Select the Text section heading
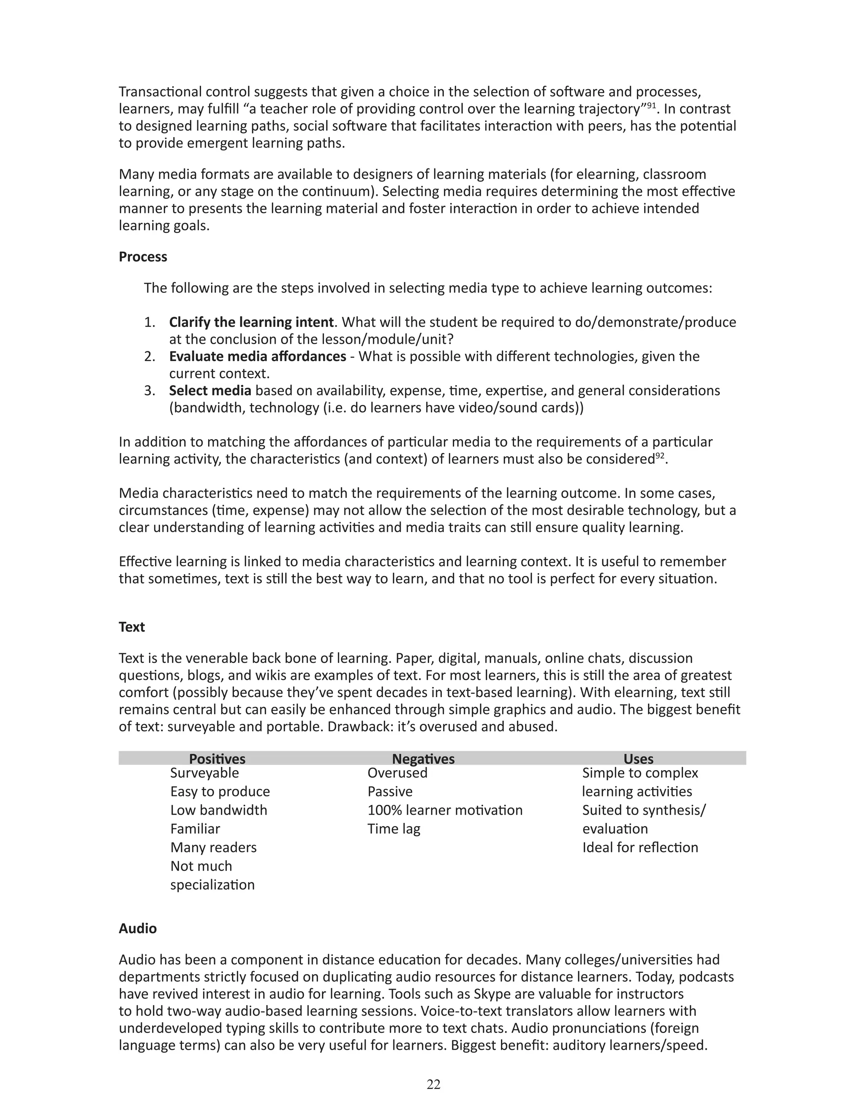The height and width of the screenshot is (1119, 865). (132, 627)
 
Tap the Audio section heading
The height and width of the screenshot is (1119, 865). (137, 929)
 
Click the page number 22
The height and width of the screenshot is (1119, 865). (433, 1084)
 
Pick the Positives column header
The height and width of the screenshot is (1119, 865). (217, 759)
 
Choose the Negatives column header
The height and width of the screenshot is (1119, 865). (423, 759)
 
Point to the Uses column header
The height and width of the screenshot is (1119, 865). (638, 759)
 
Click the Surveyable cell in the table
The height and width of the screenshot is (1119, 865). (204, 773)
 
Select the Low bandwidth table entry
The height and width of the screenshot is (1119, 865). (218, 810)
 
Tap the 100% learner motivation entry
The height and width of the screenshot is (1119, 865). (444, 810)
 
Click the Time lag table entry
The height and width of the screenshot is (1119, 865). (393, 828)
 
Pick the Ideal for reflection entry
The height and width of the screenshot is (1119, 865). (639, 847)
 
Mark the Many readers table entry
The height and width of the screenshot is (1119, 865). (213, 847)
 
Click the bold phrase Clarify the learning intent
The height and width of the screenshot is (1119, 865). (251, 322)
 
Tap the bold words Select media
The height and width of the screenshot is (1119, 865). (210, 391)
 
